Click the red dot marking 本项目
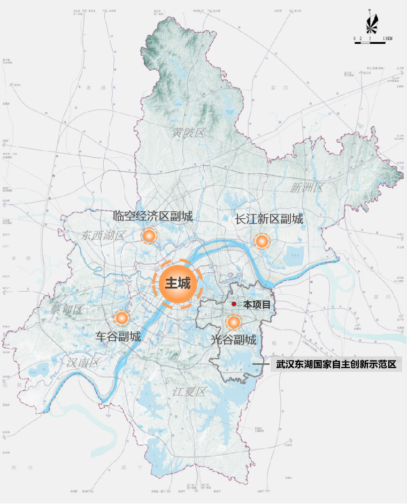[x=234, y=304]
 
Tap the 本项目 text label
[x=257, y=304]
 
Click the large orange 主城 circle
[x=178, y=284]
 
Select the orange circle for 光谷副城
[x=233, y=322]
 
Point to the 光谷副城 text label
[x=233, y=340]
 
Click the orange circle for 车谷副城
[x=122, y=318]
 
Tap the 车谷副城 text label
[x=118, y=337]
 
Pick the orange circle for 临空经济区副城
[x=149, y=235]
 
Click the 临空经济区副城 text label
[x=153, y=216]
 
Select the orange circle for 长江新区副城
[x=262, y=242]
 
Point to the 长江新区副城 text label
[x=269, y=219]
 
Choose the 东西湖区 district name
[x=104, y=235]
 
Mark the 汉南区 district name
[x=83, y=362]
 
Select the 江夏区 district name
[x=189, y=392]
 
